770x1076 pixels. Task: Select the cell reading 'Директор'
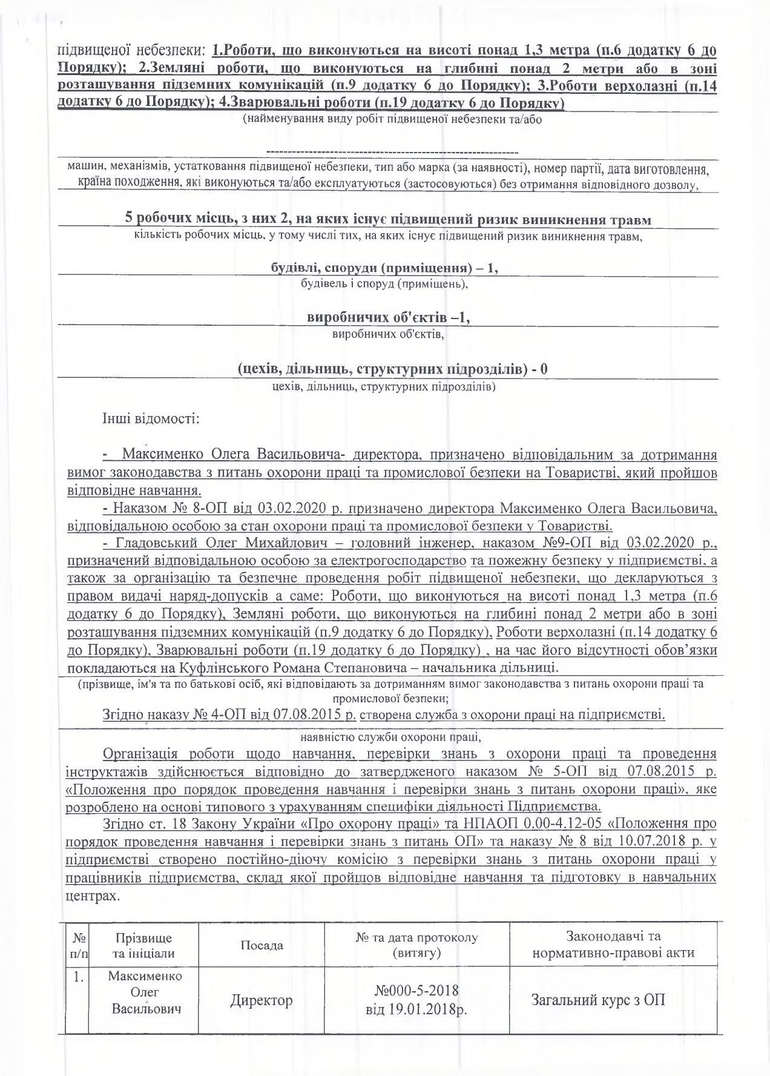(262, 1000)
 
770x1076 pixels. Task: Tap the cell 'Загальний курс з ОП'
(613, 1000)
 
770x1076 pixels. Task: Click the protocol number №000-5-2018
(416, 991)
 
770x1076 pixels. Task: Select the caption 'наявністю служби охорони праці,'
(390, 737)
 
